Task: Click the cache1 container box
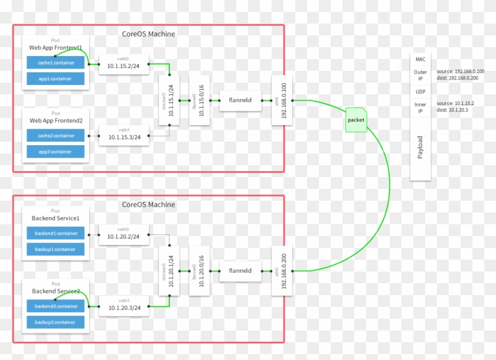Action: click(55, 62)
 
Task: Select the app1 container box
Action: click(55, 78)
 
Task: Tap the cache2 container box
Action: click(55, 136)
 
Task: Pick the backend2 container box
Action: click(55, 306)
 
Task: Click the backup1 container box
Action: click(55, 249)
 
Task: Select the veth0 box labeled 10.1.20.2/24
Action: click(123, 235)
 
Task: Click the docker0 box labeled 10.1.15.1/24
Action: click(169, 100)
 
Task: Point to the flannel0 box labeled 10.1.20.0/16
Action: click(200, 271)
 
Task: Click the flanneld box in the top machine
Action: click(240, 100)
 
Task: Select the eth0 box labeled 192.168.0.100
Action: click(281, 100)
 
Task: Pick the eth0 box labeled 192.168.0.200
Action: click(281, 271)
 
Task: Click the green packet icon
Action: click(356, 120)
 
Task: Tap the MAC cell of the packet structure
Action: click(420, 59)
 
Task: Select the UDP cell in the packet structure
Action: click(420, 91)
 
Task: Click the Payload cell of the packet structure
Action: click(420, 148)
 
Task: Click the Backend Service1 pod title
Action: click(55, 218)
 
